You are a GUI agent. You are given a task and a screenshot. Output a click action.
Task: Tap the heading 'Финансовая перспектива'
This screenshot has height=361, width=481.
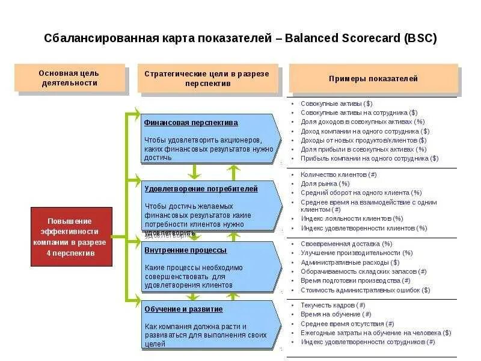pos(191,123)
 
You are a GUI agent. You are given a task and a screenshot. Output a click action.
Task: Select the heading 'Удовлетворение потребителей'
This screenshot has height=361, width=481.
pos(201,189)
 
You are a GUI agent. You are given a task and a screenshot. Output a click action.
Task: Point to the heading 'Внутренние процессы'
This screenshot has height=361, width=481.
pos(185,250)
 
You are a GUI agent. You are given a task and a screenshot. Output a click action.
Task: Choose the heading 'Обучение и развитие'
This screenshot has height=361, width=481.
pos(183,309)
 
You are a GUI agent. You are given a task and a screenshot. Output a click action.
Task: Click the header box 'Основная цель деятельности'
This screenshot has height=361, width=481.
pos(69,78)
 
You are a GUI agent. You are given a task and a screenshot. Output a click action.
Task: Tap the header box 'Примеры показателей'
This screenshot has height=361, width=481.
pos(373,79)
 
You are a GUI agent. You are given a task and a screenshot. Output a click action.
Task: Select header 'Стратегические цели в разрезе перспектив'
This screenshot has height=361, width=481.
pos(207,78)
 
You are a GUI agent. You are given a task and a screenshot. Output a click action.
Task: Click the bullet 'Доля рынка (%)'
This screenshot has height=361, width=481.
pos(325,184)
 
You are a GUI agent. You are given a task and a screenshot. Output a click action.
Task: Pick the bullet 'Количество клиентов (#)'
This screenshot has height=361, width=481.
pos(339,174)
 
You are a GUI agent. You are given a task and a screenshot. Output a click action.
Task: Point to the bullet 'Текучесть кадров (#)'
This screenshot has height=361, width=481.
pos(332,305)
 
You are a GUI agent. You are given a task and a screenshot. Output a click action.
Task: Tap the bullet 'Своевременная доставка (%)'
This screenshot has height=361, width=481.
pos(346,244)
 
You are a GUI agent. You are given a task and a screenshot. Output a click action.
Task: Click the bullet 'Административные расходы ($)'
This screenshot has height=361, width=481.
pos(350,262)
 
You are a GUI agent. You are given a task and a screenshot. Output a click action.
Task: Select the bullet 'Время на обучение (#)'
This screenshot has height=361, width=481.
pos(335,314)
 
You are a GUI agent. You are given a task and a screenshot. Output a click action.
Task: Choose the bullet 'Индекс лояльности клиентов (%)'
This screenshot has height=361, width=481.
pos(352,218)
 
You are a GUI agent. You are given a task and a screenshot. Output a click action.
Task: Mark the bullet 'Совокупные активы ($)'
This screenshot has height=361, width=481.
pos(336,103)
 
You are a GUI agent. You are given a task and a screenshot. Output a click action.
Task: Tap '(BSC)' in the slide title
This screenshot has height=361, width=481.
pos(418,39)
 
